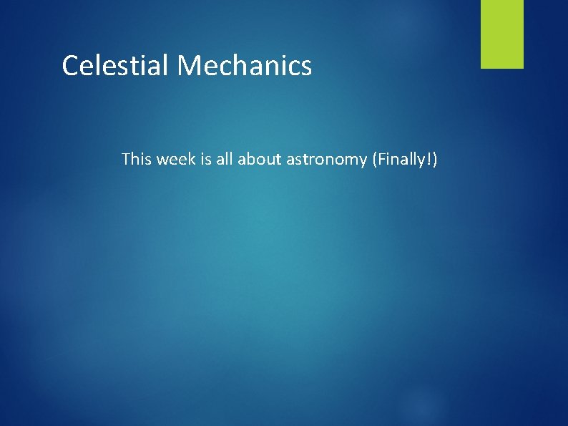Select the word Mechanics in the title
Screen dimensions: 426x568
tap(244, 66)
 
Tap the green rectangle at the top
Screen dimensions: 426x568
tap(501, 34)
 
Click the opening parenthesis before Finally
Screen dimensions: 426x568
tap(368, 159)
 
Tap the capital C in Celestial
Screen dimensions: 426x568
tap(70, 66)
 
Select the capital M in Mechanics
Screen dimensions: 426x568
tap(189, 66)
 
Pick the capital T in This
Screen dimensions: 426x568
tap(127, 158)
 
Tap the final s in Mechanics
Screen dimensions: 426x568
tap(306, 67)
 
